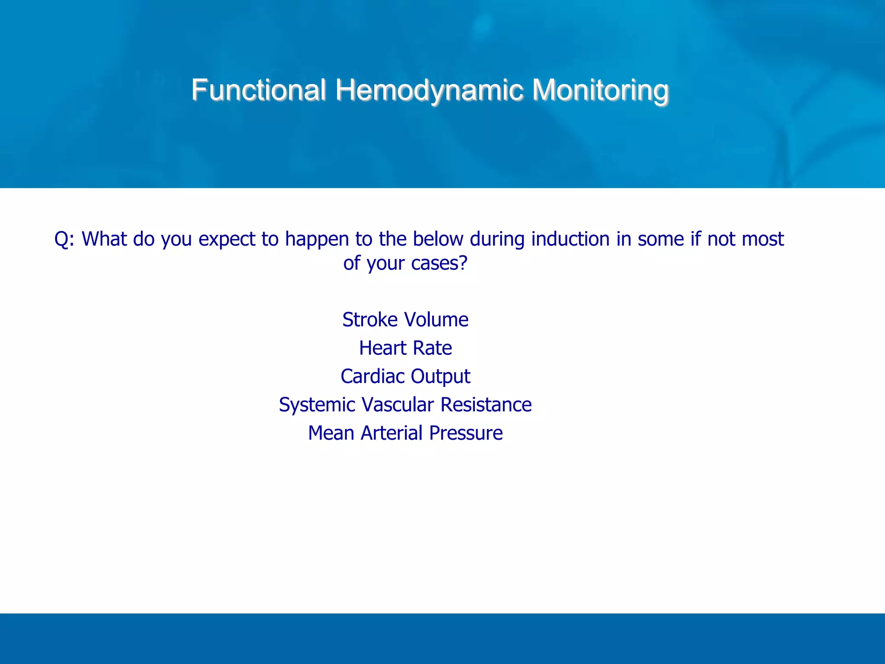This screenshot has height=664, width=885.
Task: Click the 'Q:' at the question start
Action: click(x=64, y=239)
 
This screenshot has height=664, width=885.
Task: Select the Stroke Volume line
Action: click(x=405, y=320)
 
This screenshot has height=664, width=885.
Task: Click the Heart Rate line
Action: click(x=405, y=348)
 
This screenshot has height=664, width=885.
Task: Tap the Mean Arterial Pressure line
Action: click(x=405, y=433)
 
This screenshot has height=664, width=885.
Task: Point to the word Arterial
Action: click(x=392, y=433)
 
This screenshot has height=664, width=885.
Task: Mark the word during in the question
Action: click(x=497, y=239)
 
